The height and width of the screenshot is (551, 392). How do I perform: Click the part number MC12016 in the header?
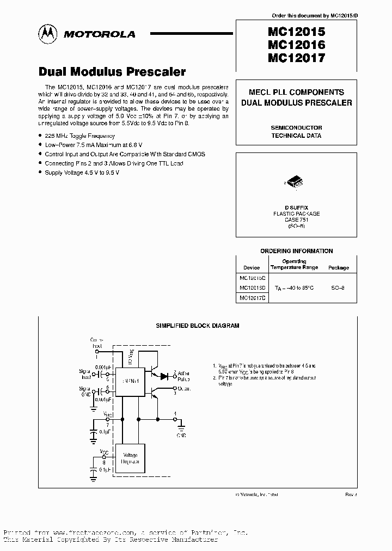point(296,45)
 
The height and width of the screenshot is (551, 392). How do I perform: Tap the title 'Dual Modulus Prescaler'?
point(112,72)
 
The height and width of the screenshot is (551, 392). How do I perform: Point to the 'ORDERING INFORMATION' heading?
point(297,251)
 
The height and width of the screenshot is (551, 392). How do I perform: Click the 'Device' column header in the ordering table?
point(252,268)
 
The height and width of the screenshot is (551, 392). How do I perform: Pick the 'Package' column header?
point(338,268)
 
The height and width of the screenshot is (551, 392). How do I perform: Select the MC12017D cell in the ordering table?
point(253,297)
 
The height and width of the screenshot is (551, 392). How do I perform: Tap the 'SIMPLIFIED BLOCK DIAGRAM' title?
point(198,326)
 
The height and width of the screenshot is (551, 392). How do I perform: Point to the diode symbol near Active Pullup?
point(164,375)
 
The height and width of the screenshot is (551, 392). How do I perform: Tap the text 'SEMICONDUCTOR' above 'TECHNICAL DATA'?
point(297,127)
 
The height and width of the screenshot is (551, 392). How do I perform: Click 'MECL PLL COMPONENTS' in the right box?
point(297,93)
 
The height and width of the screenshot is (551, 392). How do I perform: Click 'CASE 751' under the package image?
point(297,219)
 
